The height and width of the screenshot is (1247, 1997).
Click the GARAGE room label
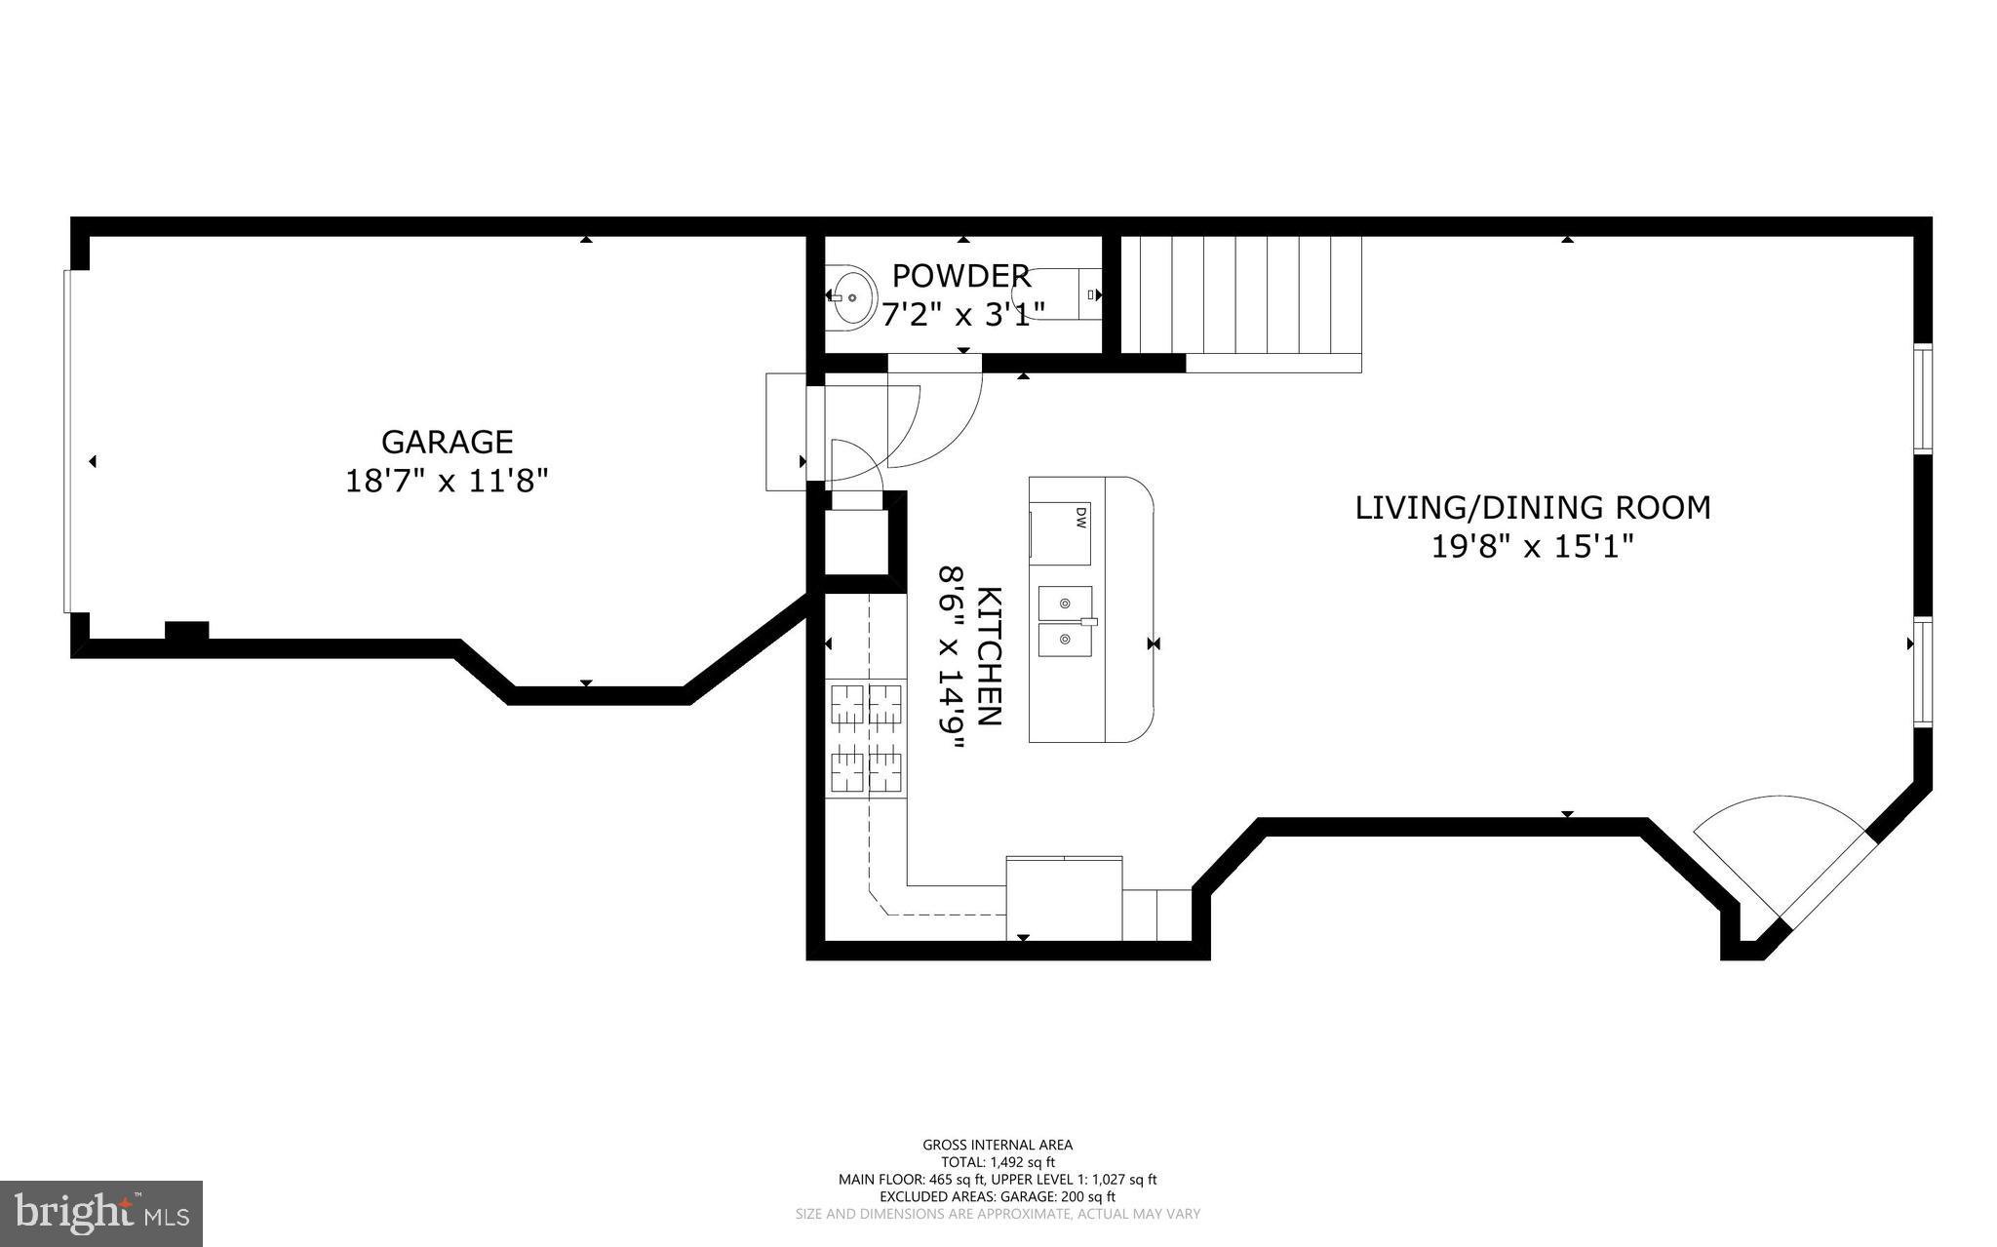tap(447, 442)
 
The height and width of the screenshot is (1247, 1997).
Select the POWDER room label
tap(960, 276)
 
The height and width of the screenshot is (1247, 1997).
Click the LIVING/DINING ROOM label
tap(1532, 508)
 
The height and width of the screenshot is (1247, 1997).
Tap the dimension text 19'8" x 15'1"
tap(1532, 547)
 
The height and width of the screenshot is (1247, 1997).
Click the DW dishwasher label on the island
tap(1080, 517)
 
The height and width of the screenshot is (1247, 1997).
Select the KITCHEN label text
tap(989, 655)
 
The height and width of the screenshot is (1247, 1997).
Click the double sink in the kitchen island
tap(1064, 622)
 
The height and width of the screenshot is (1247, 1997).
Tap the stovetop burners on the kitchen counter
tap(866, 738)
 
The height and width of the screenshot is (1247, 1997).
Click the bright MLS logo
tap(101, 1213)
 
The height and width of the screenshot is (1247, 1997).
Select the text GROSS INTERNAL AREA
tap(997, 1145)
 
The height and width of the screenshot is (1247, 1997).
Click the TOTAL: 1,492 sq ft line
tap(997, 1162)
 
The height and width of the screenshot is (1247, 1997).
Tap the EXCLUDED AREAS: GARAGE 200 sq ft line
tap(997, 1196)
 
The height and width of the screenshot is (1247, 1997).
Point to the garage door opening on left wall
tap(67, 441)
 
